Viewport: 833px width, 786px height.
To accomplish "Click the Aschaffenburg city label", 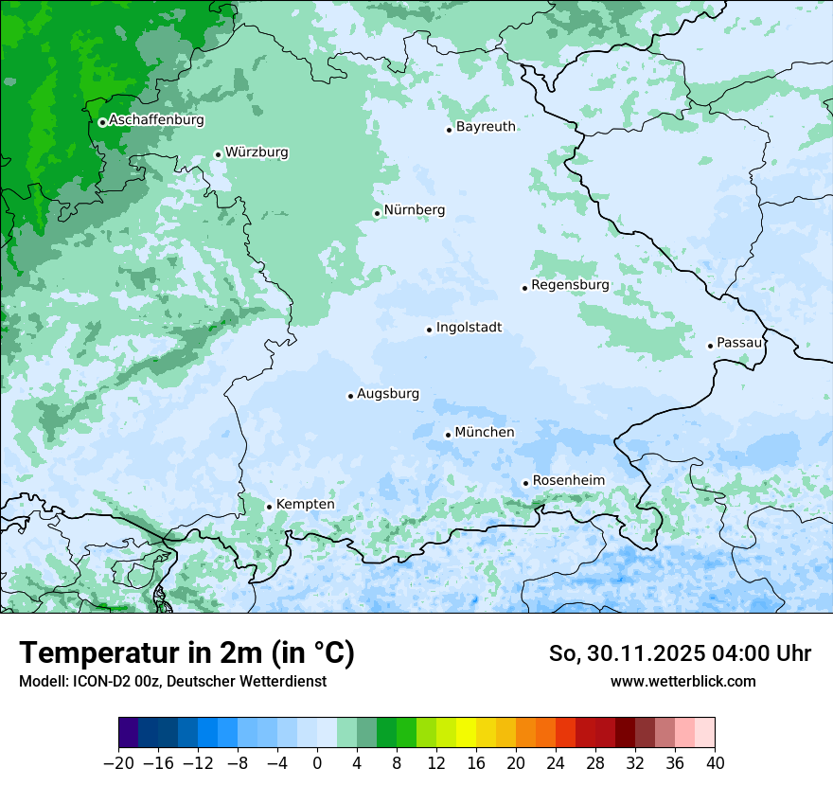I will [x=156, y=120].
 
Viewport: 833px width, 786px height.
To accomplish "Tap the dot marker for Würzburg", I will [x=218, y=154].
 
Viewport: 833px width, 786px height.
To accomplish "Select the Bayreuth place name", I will [x=486, y=127].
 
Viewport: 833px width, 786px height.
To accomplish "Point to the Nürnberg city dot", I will [x=377, y=213].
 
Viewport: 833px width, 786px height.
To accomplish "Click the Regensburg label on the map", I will [x=570, y=285].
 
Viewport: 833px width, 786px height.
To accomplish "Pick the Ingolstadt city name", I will [x=469, y=328].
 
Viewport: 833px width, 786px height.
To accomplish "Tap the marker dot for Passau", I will [x=710, y=346].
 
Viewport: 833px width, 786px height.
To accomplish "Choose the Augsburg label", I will [x=388, y=394].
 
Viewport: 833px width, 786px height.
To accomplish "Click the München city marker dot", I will [x=448, y=435].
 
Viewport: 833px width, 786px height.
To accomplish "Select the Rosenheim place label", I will [x=568, y=480].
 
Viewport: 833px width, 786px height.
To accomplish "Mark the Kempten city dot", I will [x=269, y=507].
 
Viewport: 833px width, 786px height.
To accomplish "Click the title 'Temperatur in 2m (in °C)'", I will [x=186, y=653].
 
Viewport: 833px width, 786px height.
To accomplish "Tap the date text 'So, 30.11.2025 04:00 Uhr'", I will [x=680, y=653].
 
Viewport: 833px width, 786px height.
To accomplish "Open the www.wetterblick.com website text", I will [x=682, y=681].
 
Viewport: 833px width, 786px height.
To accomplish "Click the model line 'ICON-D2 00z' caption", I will [x=172, y=681].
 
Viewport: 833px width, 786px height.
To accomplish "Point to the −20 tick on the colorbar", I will [x=118, y=763].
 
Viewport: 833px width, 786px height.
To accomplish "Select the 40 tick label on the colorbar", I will [x=715, y=763].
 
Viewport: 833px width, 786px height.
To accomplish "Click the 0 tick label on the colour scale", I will [x=317, y=763].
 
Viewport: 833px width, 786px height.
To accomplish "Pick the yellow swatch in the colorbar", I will [x=466, y=733].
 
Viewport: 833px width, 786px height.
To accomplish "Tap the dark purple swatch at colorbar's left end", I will [x=129, y=733].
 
